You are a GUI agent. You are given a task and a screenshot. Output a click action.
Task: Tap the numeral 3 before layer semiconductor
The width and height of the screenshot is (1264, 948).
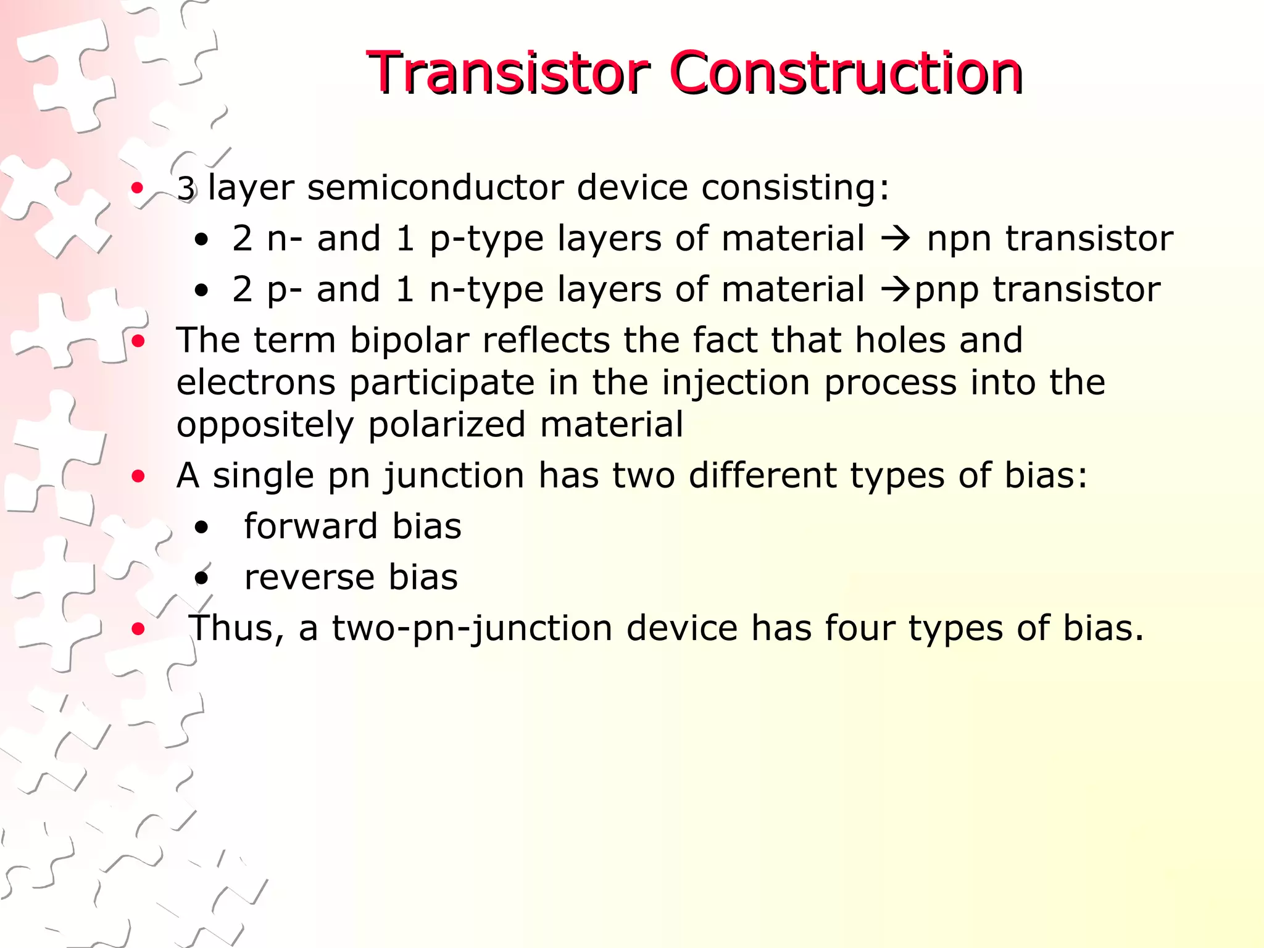coord(186,188)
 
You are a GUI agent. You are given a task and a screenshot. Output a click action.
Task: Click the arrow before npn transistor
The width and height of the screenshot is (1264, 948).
coord(896,238)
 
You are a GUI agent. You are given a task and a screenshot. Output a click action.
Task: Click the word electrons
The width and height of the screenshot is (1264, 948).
coord(256,383)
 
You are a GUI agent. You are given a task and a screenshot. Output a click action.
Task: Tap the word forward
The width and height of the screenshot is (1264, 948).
coord(310,526)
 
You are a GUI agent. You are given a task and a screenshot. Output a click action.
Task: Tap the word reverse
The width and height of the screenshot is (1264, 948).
coord(309,578)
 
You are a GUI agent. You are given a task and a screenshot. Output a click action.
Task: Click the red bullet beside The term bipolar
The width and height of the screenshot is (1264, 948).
coord(138,341)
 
